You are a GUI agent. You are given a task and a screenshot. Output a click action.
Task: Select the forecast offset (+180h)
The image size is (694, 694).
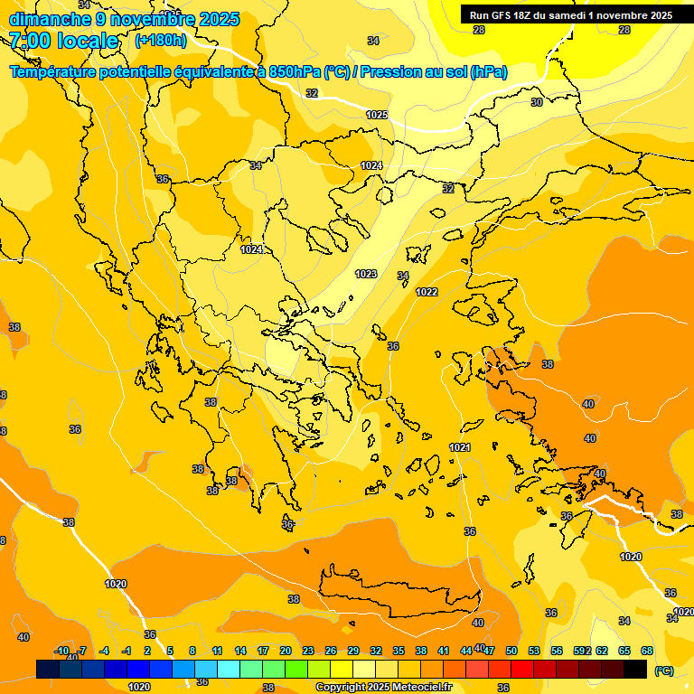(160, 41)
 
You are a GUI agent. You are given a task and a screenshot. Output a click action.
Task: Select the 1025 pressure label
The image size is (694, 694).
(377, 115)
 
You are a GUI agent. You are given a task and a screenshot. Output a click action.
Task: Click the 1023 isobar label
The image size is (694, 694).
(366, 274)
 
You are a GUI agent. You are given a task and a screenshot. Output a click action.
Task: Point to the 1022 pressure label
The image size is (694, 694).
(427, 292)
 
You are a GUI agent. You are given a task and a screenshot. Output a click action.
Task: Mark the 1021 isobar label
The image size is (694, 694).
(460, 447)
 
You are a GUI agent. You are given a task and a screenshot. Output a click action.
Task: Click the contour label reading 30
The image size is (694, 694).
(536, 102)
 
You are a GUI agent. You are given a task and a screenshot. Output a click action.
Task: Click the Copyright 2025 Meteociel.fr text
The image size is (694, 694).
(383, 688)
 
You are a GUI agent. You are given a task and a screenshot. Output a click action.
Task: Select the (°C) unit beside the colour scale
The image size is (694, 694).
(663, 671)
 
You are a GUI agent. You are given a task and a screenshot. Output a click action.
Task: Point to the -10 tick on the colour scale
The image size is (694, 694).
(61, 651)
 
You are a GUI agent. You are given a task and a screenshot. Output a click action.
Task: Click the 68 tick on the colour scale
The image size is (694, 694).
(647, 651)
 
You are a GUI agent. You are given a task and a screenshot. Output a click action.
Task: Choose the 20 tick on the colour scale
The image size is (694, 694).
(285, 651)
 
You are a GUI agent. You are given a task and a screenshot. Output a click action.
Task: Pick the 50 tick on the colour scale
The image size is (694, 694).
(511, 651)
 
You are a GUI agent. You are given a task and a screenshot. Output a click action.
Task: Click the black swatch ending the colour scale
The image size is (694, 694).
(635, 669)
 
